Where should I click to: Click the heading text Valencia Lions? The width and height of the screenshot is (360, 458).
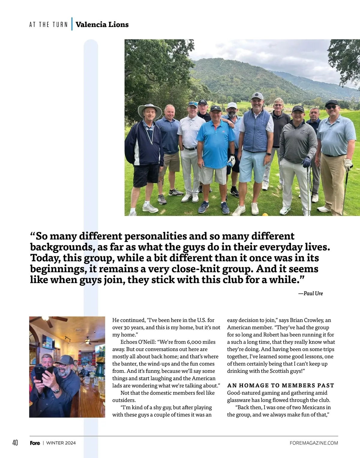102,25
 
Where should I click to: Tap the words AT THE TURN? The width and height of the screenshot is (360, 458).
49,25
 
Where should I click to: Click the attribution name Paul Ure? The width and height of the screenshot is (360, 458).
313,293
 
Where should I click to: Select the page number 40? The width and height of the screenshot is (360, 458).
15,443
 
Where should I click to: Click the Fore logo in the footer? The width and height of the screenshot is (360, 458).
35,443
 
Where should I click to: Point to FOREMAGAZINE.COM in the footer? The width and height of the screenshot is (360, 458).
314,443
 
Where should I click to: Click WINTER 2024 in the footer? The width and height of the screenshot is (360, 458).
61,443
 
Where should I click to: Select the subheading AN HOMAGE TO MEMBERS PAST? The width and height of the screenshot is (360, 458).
280,385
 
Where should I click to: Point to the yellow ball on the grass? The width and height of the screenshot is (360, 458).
265,214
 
